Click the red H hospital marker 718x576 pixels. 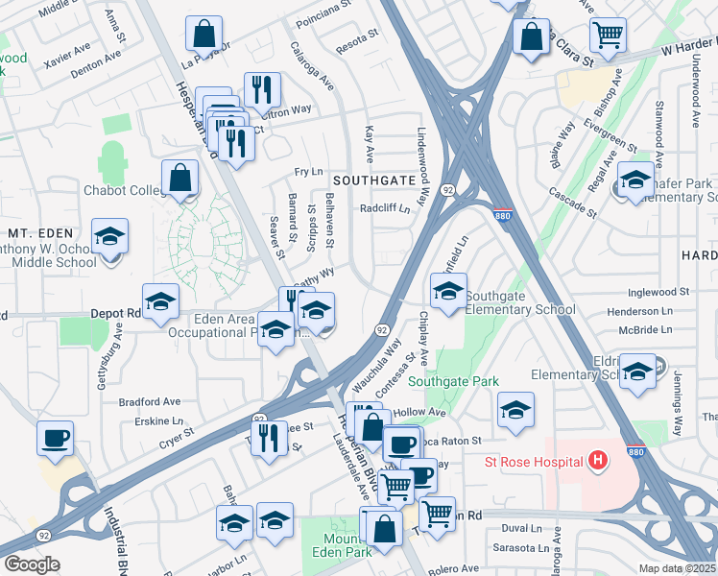pyautogui.click(x=598, y=462)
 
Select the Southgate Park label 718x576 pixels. pyautogui.click(x=453, y=381)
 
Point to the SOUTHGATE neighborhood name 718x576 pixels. pyautogui.click(x=373, y=180)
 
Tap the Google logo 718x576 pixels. pyautogui.click(x=32, y=564)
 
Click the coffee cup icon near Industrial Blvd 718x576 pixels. pyautogui.click(x=55, y=438)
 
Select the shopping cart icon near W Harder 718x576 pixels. pyautogui.click(x=608, y=35)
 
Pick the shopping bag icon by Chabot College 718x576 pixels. pyautogui.click(x=180, y=177)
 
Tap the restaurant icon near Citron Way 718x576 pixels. pyautogui.click(x=262, y=89)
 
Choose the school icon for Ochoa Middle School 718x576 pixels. pyautogui.click(x=110, y=236)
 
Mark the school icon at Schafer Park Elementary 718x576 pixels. pyautogui.click(x=634, y=179)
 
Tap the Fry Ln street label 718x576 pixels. pyautogui.click(x=308, y=171)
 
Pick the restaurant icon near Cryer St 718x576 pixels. pyautogui.click(x=269, y=438)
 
